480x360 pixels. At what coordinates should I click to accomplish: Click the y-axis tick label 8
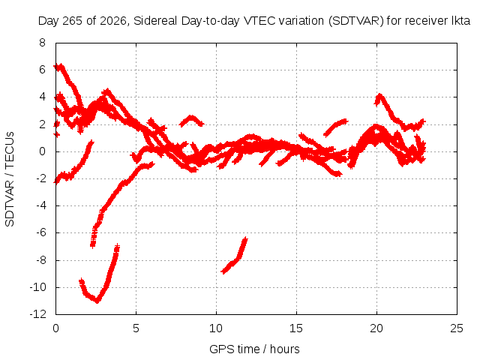(42, 43)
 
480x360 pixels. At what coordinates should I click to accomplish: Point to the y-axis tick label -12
(38, 314)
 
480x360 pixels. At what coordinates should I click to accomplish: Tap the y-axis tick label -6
(40, 232)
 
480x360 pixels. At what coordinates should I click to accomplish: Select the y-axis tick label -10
(38, 287)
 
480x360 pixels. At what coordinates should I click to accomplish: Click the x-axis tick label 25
(457, 328)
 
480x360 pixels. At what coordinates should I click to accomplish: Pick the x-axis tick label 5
(136, 328)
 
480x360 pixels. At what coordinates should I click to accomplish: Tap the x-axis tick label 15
(296, 328)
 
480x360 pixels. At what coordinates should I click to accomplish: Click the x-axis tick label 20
(376, 328)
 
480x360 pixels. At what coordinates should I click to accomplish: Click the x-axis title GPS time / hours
(254, 349)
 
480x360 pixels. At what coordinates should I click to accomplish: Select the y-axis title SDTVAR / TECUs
(10, 179)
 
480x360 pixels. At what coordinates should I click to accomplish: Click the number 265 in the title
(73, 21)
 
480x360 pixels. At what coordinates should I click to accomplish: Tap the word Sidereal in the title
(155, 21)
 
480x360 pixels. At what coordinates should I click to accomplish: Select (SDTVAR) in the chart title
(355, 21)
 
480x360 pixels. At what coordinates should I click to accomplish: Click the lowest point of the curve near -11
(97, 301)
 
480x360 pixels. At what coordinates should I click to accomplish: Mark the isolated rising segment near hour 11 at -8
(235, 256)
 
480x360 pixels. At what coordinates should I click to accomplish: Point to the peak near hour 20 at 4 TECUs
(379, 95)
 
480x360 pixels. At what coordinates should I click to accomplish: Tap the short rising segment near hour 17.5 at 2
(336, 126)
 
